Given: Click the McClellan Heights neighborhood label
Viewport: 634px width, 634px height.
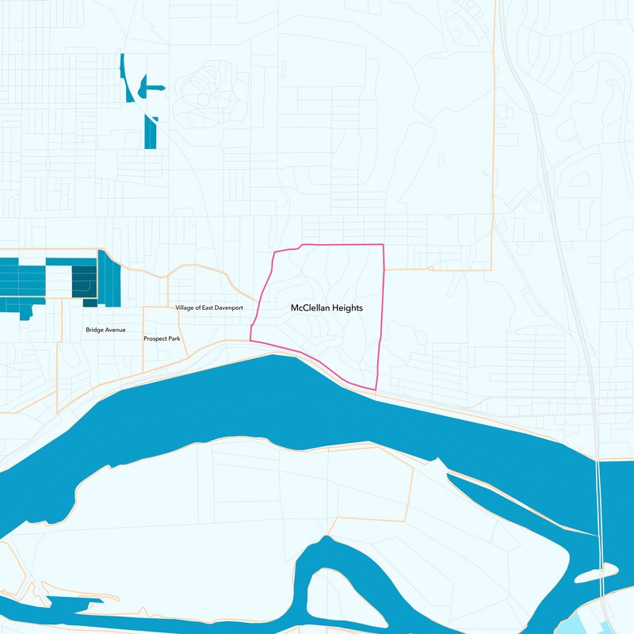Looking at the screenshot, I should (x=327, y=307).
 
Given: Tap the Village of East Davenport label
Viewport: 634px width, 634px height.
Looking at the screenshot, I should (x=208, y=307).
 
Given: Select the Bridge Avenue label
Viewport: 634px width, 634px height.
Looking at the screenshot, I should (x=105, y=330).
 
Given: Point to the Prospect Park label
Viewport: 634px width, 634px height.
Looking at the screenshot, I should (x=162, y=338).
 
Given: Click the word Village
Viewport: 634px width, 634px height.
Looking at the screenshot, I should (x=184, y=307).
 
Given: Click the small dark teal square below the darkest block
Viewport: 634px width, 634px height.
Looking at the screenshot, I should (x=90, y=302).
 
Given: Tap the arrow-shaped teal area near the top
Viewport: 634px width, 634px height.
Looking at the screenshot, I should (x=150, y=86).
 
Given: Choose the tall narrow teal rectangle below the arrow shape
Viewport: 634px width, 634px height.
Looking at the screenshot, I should (x=151, y=133).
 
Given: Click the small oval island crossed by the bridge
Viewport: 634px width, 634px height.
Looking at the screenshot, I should (x=598, y=572).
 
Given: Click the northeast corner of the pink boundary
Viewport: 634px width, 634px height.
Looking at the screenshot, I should (x=384, y=245).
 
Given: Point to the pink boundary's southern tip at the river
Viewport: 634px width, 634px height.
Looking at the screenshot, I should (x=374, y=389).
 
